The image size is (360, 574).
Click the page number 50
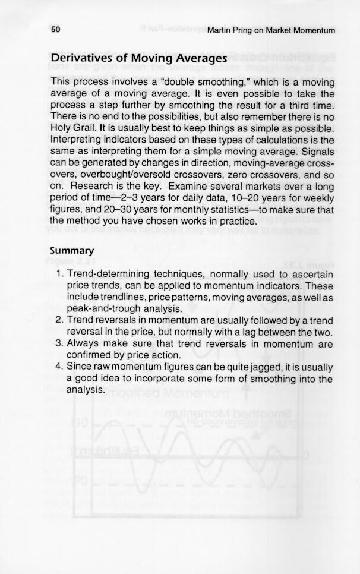click(56, 29)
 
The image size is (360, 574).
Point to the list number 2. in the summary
click(61, 320)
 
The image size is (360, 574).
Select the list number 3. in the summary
click(61, 343)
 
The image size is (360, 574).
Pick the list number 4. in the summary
click(61, 367)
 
